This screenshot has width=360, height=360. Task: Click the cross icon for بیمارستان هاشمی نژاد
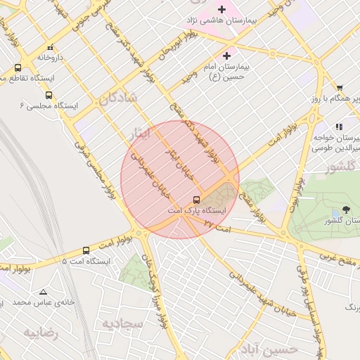point(221,9)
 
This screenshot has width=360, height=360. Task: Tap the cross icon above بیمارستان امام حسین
point(226,56)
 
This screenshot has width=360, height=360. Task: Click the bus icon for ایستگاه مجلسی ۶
point(49,95)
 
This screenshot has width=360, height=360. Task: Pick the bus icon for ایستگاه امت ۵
point(86,250)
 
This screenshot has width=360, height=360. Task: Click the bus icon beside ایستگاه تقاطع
point(18,67)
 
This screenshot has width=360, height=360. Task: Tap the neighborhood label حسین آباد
point(267,348)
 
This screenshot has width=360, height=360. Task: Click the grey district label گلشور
point(342,169)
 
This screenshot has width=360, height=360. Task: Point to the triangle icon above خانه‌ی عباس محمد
point(44,292)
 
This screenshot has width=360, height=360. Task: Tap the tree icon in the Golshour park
point(345,210)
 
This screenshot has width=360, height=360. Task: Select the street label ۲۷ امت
point(217,224)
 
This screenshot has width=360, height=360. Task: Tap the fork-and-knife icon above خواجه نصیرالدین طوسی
point(339,127)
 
